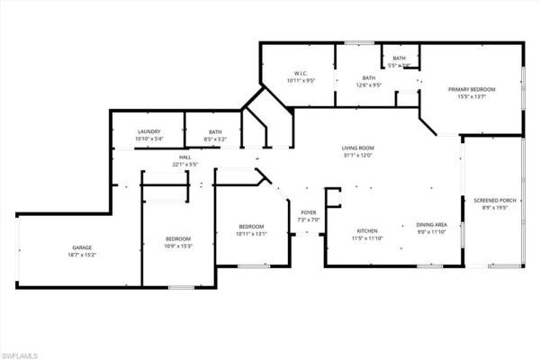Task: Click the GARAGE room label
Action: pos(82,247)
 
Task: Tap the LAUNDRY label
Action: pos(148,131)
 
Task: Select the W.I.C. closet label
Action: pos(301,74)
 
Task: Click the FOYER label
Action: pos(309,213)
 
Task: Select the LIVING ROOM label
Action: pos(357,148)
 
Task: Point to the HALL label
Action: pos(184,157)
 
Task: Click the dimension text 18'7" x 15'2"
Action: pos(82,255)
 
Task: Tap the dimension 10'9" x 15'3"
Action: pos(177,246)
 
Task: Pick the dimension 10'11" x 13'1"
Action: pos(251,233)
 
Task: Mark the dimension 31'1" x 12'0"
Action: pos(357,155)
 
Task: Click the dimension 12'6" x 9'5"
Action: pos(344,85)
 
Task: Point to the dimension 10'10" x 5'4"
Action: pos(148,139)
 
